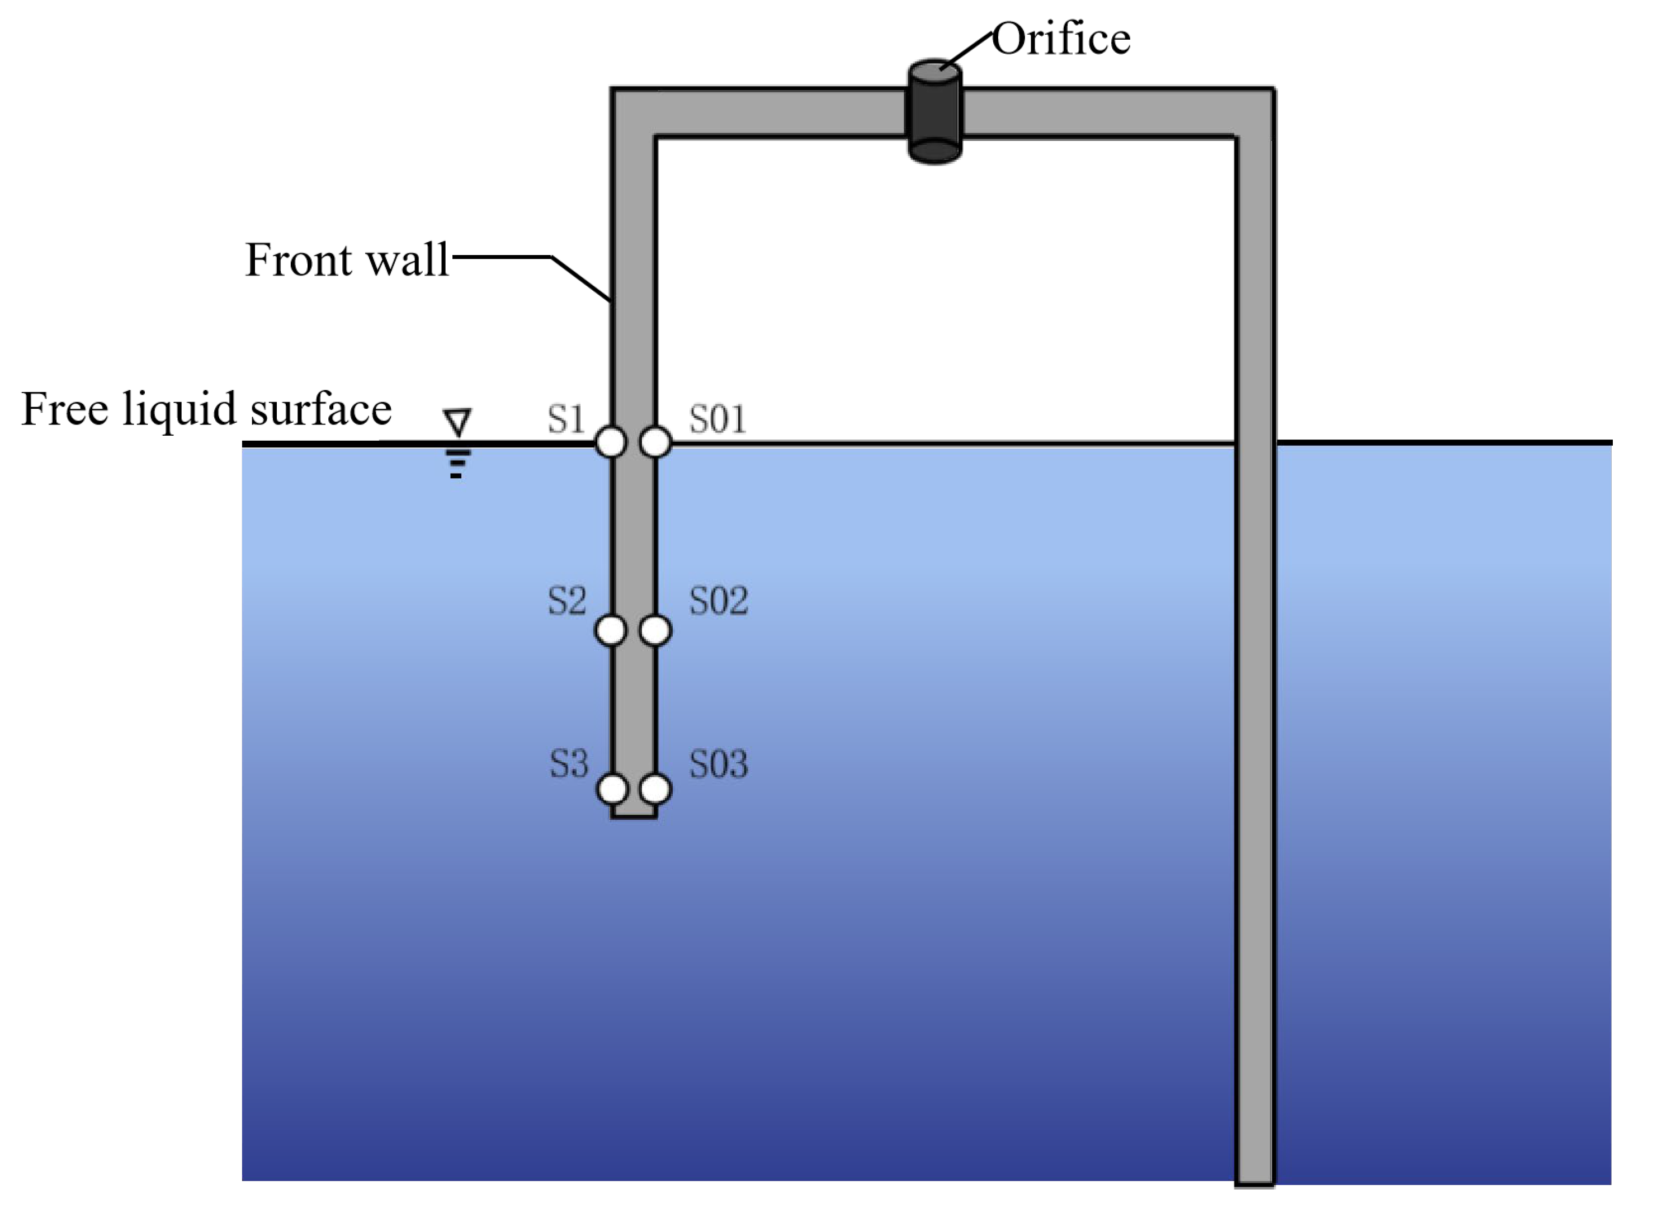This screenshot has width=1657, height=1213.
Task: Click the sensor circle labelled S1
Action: point(611,442)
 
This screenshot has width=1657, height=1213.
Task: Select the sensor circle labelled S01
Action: point(655,442)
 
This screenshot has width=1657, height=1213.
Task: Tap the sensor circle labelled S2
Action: point(611,630)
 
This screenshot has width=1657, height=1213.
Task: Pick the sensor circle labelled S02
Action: point(655,630)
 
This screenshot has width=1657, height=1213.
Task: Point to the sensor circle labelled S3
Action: point(612,789)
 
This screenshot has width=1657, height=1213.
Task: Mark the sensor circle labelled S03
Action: point(655,789)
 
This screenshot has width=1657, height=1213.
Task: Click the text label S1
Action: point(566,419)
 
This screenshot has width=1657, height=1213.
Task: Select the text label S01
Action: point(717,419)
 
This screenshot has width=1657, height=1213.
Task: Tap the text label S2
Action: point(567,601)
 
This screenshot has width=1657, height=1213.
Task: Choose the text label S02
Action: point(719,601)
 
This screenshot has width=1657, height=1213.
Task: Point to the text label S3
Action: point(569,763)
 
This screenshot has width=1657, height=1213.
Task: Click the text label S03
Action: point(719,763)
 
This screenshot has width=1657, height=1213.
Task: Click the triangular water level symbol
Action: point(457,422)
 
